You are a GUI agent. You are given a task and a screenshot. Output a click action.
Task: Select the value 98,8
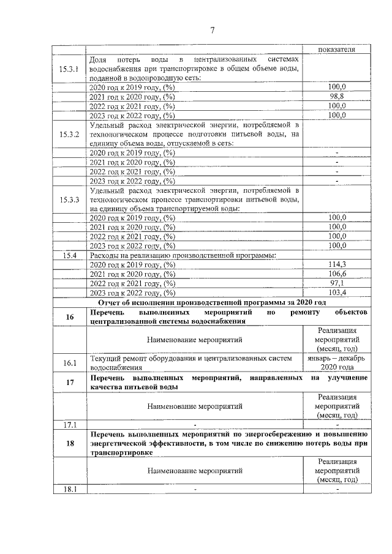[337, 97]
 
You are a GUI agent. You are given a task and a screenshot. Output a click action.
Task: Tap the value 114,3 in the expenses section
[337, 264]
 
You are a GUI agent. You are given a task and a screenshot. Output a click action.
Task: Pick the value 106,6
[337, 274]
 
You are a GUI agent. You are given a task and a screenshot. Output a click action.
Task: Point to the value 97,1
[337, 283]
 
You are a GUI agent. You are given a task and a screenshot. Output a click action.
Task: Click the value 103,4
[337, 293]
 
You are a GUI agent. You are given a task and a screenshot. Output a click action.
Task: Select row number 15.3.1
[69, 69]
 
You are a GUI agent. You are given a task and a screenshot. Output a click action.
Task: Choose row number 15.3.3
[69, 199]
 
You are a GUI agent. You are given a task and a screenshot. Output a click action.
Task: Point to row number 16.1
[69, 363]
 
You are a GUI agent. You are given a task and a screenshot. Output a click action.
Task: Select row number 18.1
[69, 488]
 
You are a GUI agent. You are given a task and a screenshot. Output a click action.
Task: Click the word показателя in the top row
[337, 50]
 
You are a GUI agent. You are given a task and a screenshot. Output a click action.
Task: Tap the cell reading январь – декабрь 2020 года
[337, 363]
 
